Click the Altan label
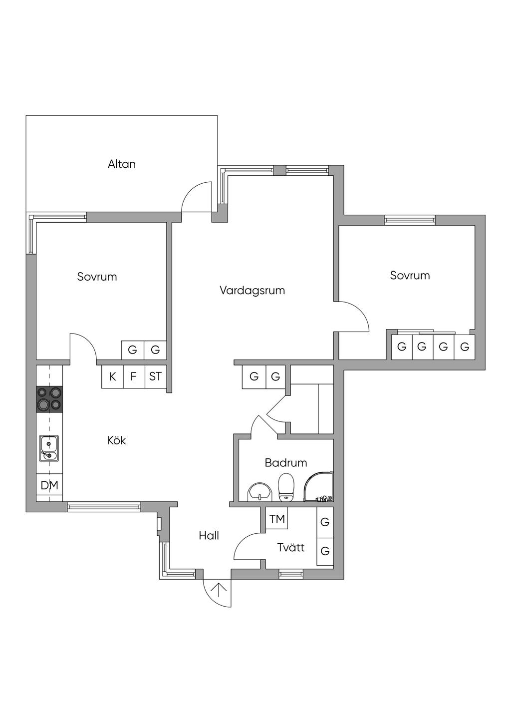click(122, 164)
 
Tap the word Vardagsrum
click(253, 290)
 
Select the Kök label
click(116, 440)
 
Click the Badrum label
click(286, 462)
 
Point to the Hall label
click(209, 535)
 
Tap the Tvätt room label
click(291, 547)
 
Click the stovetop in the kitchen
click(49, 399)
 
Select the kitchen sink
click(49, 448)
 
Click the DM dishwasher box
click(49, 485)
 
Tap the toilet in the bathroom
click(286, 487)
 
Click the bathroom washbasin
click(259, 492)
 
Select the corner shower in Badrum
click(318, 487)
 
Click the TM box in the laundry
click(277, 519)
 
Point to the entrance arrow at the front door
click(219, 590)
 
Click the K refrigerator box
click(113, 376)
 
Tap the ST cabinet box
click(156, 376)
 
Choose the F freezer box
click(134, 376)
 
